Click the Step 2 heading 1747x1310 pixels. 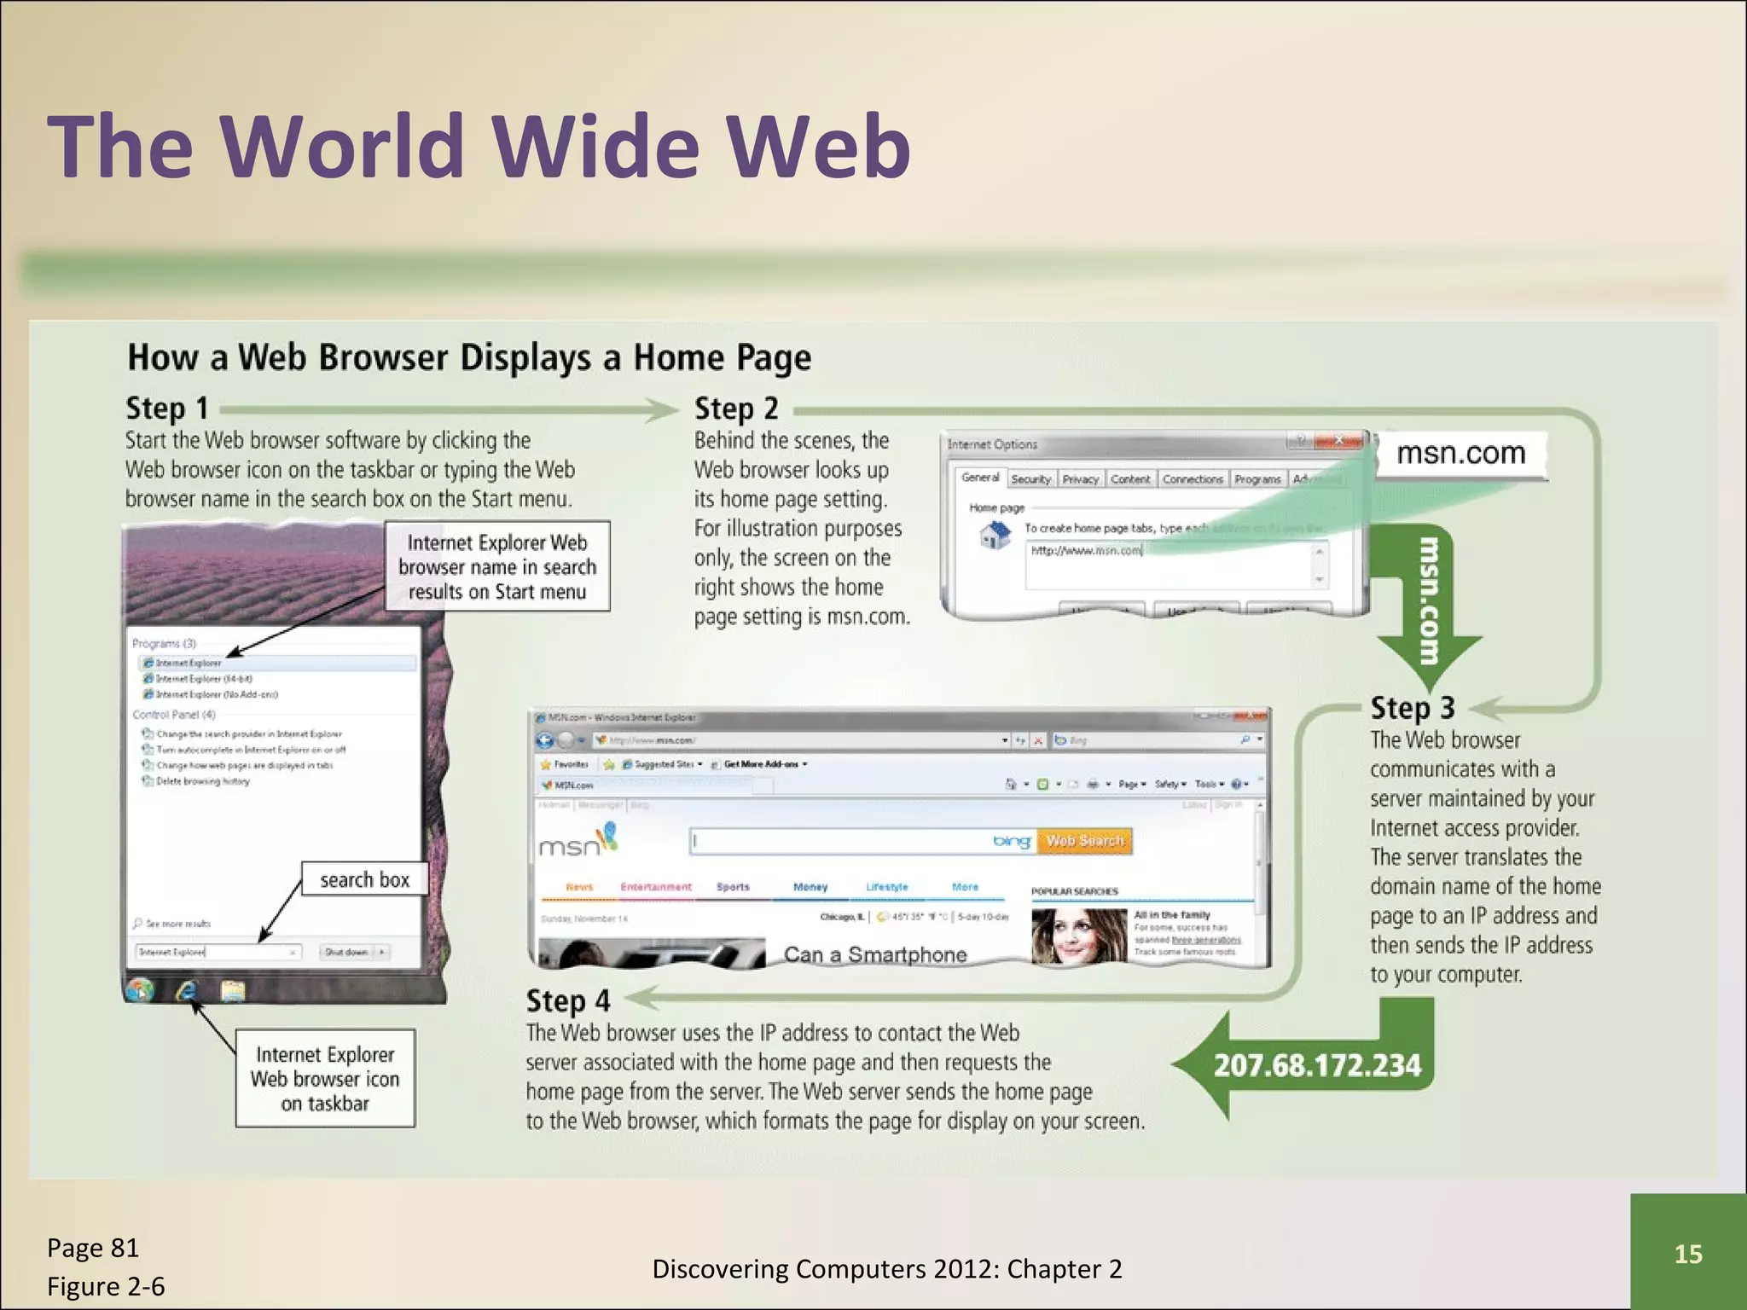coord(735,409)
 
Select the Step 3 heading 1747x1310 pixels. coord(1412,708)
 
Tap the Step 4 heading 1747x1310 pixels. coord(567,1000)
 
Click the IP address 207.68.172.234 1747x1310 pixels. coord(1316,1065)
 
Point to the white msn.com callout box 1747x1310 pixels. coord(1460,454)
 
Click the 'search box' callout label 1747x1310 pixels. coord(364,880)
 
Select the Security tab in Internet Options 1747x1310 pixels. coord(1030,479)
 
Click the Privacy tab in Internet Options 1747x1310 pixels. coord(1080,479)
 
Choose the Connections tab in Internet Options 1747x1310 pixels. coord(1192,479)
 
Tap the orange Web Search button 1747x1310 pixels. coord(1084,841)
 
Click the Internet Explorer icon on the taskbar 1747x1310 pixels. coord(186,990)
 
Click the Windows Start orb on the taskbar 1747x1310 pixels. coord(140,990)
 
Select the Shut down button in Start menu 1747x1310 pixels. coord(346,952)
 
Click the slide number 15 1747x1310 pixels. coord(1687,1254)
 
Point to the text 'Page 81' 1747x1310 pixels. coord(92,1248)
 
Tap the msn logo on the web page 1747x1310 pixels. coord(577,843)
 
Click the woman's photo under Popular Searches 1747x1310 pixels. coord(1079,936)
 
